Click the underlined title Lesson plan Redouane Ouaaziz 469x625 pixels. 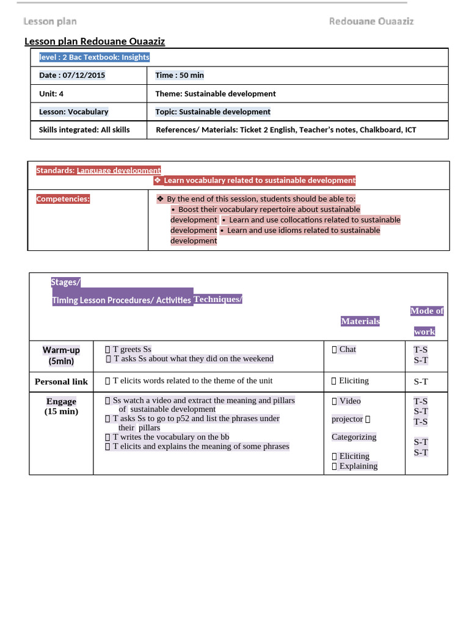pyautogui.click(x=94, y=42)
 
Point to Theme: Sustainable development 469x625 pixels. pyautogui.click(x=216, y=93)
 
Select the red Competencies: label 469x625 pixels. pyautogui.click(x=63, y=199)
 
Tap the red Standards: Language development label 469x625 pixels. pyautogui.click(x=98, y=170)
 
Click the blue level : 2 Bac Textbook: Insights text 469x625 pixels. pyautogui.click(x=94, y=57)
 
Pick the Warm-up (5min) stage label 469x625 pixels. pyautogui.click(x=61, y=355)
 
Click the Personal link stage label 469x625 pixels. pyautogui.click(x=61, y=381)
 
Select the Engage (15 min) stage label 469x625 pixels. pyautogui.click(x=61, y=406)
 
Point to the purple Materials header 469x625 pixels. pyautogui.click(x=360, y=321)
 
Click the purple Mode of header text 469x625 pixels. pyautogui.click(x=426, y=311)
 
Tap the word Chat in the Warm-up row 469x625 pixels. pyautogui.click(x=347, y=349)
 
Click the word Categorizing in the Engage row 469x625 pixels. pyautogui.click(x=354, y=436)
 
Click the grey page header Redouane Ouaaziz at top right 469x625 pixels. pyautogui.click(x=371, y=21)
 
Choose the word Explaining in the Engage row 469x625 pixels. pyautogui.click(x=358, y=466)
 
